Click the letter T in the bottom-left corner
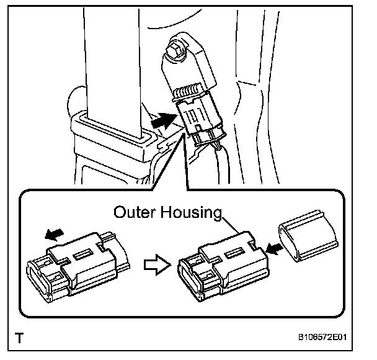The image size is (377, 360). pos(22,339)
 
